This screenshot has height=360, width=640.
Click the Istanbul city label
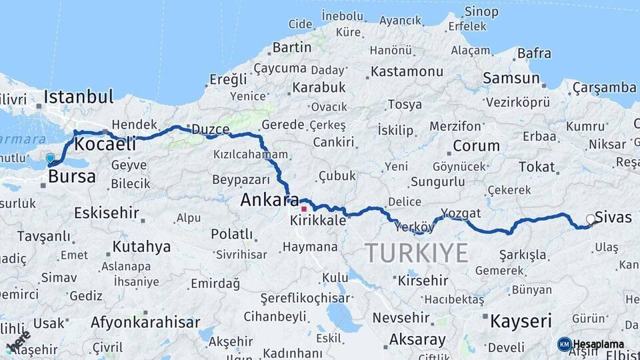coord(79,97)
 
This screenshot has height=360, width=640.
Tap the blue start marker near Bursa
coord(51,159)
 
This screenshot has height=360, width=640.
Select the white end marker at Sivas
coord(590,219)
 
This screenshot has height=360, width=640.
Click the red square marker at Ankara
coord(304,209)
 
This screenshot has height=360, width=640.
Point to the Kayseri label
coord(521,321)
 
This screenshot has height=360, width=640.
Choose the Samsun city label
coord(511,78)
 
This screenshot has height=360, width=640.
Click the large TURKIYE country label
coord(417,253)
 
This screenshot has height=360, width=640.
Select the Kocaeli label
coord(105,143)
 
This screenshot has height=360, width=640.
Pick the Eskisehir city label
coord(107,213)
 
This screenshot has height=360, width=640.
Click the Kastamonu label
coord(407,71)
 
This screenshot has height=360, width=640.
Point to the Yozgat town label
coord(461,213)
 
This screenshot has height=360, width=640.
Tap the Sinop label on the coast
coord(481,11)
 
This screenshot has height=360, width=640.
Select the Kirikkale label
coord(318,220)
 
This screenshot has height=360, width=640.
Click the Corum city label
coord(476,145)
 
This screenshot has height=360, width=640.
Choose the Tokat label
coord(537,167)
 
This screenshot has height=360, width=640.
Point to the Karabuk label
coord(319,87)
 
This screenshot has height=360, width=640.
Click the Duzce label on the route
coord(210,129)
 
